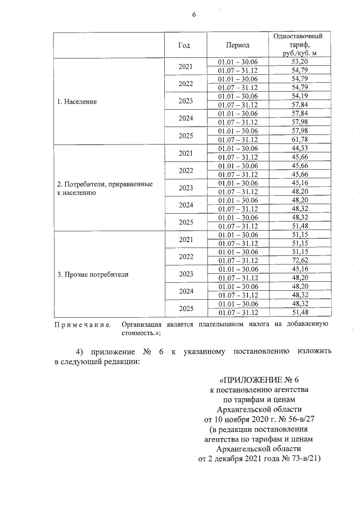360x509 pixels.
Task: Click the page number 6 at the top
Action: click(x=194, y=14)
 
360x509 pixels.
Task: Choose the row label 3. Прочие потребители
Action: click(x=93, y=274)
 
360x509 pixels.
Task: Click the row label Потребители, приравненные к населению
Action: click(x=105, y=188)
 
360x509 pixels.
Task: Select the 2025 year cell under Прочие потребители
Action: click(x=185, y=308)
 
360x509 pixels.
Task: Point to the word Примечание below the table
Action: click(x=82, y=325)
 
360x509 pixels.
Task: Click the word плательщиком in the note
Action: click(x=208, y=325)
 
